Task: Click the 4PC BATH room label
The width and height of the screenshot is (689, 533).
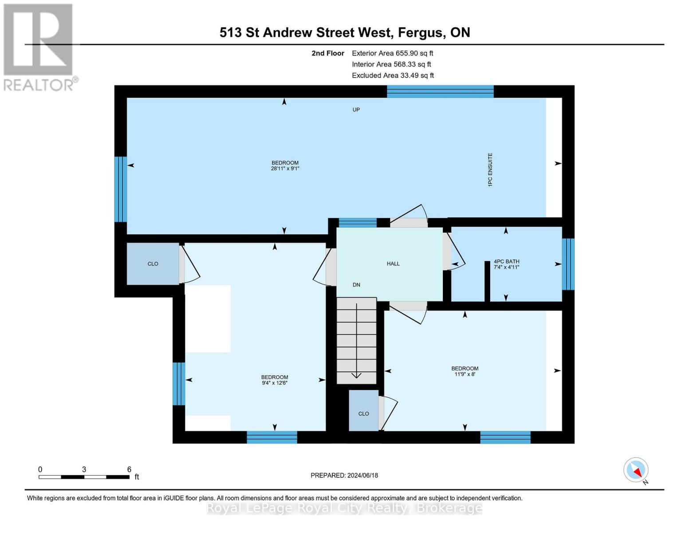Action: (506, 262)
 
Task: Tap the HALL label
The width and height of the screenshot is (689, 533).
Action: (393, 264)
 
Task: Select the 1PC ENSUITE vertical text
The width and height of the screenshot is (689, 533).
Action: (490, 170)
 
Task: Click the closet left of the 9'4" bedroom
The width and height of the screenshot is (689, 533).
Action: (153, 264)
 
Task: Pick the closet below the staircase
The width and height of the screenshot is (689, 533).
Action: (363, 411)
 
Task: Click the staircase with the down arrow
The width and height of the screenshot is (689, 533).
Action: (356, 340)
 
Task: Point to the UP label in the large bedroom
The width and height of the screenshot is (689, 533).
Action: (356, 110)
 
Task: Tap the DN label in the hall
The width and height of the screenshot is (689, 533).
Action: (356, 285)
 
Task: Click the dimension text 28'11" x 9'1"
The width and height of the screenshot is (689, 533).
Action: (285, 169)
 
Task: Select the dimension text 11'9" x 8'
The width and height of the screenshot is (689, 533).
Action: (465, 374)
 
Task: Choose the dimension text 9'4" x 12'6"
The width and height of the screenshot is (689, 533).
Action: (275, 383)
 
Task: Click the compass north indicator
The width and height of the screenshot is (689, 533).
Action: (636, 470)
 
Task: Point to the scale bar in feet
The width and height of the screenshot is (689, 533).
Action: (84, 477)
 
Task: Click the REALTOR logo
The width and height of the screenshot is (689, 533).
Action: (39, 47)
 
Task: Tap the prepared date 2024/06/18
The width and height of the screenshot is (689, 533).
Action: (344, 475)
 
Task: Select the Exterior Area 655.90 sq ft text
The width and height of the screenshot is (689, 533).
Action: (392, 53)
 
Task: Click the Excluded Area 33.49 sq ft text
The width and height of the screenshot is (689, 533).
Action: (393, 76)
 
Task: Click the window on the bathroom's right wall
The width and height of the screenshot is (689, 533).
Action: (568, 264)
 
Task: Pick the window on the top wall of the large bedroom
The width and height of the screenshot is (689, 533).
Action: (440, 91)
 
